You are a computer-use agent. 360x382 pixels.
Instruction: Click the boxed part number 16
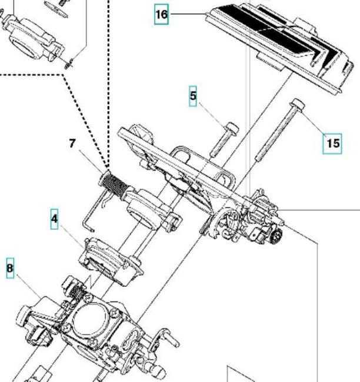coord(161,14)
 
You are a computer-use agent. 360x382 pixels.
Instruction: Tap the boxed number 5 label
coord(194,96)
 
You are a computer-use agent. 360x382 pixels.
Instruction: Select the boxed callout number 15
coord(333,143)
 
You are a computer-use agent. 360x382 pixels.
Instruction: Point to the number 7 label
coord(72,143)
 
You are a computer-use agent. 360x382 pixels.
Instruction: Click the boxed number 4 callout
coord(54,220)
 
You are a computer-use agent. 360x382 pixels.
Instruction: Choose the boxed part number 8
coord(9,269)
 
